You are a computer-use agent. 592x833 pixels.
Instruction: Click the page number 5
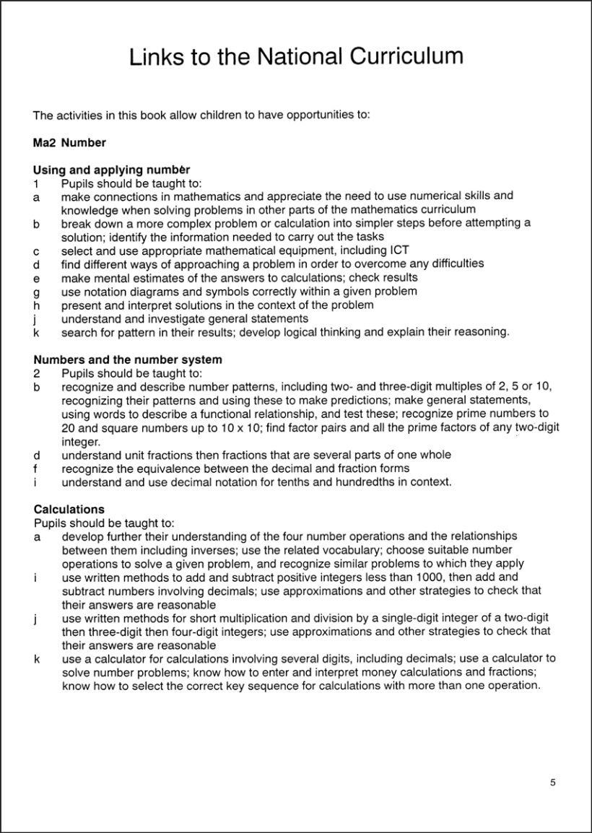(x=552, y=782)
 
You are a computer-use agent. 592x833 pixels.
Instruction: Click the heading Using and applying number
(x=111, y=170)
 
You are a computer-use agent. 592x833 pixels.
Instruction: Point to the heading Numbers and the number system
(x=128, y=359)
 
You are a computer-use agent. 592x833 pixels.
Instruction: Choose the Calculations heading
(x=69, y=510)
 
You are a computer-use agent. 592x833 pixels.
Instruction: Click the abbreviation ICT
(x=399, y=250)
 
